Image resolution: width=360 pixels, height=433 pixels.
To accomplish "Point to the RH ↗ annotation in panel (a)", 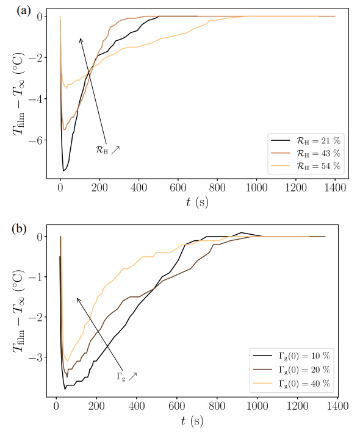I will point(108,149).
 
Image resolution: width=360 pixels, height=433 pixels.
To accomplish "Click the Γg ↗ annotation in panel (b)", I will point(126,376).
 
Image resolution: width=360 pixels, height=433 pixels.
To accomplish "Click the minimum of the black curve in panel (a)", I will point(63,170).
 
